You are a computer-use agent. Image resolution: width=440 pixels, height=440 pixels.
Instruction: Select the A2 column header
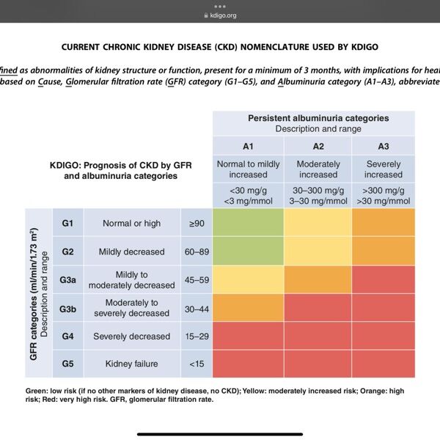point(318,146)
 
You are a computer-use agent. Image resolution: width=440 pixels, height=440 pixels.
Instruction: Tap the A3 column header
point(384,146)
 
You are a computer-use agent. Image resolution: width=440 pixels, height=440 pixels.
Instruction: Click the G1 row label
point(67,222)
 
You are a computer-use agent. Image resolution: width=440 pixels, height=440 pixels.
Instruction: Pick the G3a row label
point(67,279)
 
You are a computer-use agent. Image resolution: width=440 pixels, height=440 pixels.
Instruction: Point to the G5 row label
point(67,363)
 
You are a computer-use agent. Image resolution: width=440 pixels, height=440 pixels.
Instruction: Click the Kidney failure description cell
point(132,363)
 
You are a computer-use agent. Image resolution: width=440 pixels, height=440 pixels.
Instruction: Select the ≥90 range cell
point(197,222)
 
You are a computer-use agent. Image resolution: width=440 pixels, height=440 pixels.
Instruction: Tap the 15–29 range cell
point(197,337)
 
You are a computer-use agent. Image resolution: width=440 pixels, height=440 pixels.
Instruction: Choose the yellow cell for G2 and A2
point(318,252)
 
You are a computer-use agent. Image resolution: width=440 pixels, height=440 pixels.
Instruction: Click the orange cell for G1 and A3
point(384,222)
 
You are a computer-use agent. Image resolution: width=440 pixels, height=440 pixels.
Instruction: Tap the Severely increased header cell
point(384,169)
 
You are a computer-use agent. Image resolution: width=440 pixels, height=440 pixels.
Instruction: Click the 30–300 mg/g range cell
point(318,195)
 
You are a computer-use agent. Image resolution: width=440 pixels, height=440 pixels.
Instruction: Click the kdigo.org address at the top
point(220,15)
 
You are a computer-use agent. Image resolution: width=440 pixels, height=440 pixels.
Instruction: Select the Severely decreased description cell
point(132,337)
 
